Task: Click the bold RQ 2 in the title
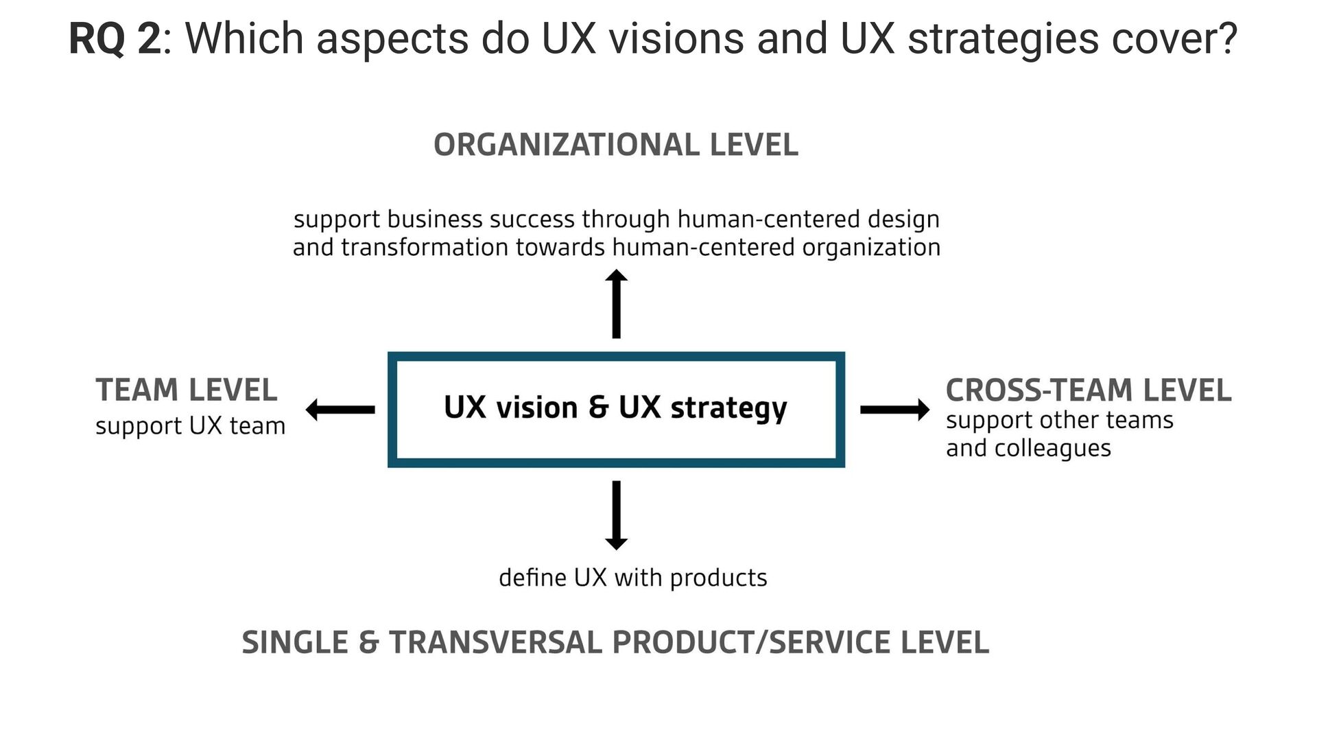coord(115,39)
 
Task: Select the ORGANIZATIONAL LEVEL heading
coord(616,145)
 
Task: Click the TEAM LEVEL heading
coord(187,390)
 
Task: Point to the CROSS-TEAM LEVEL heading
coord(1088,390)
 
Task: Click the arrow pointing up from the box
coord(616,303)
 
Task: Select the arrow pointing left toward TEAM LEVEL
coord(340,410)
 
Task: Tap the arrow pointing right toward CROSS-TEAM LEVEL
coord(894,410)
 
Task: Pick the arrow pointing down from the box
coord(616,515)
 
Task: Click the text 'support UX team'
coord(190,426)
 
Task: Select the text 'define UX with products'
coord(632,578)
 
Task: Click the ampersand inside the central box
coord(598,408)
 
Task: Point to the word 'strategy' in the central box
coord(728,409)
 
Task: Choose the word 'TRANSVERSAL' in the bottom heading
coord(495,643)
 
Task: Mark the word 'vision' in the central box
coord(536,408)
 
